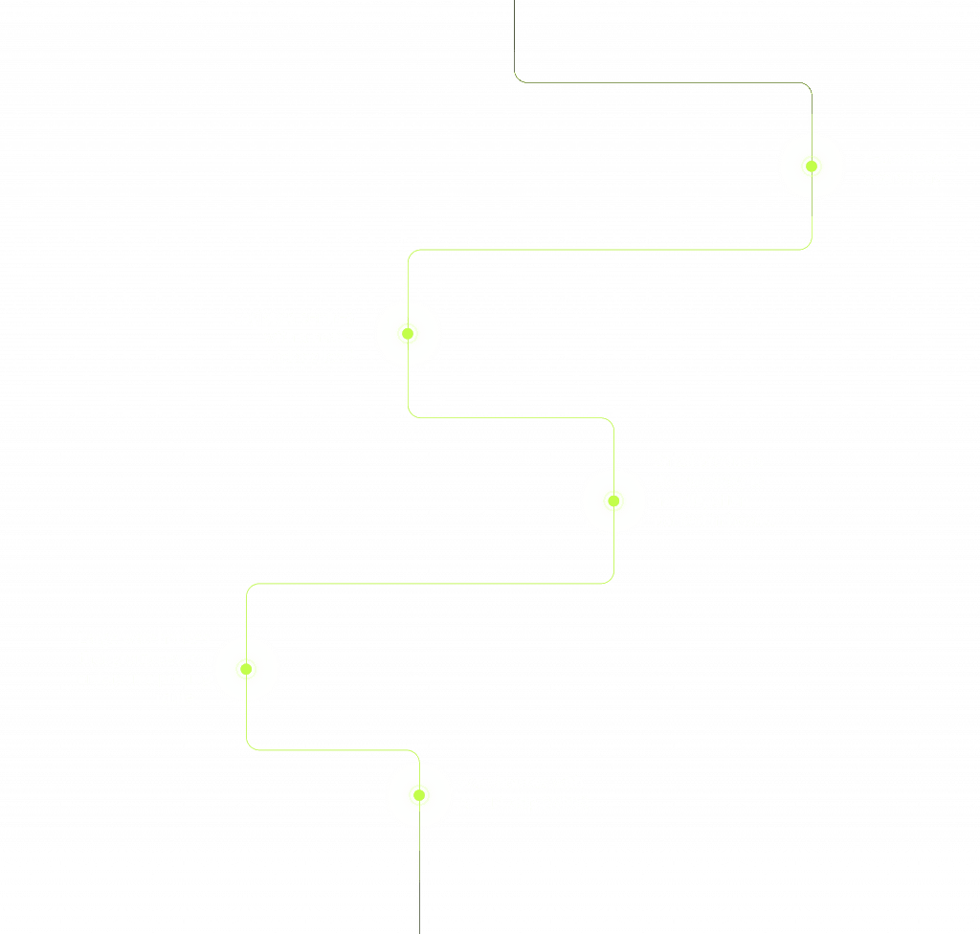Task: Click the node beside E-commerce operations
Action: point(812,167)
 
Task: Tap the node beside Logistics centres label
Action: point(407,334)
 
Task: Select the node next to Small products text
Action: point(614,500)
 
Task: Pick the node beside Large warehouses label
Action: point(246,669)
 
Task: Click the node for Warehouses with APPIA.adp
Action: point(418,794)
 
